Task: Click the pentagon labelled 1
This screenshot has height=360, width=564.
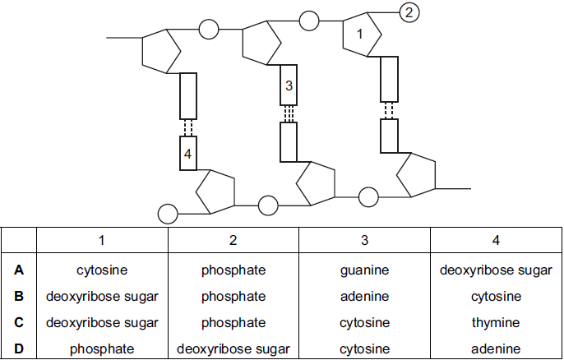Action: pos(361,35)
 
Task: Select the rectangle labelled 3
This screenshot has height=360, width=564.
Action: pos(288,86)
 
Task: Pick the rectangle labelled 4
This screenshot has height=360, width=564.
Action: pos(188,153)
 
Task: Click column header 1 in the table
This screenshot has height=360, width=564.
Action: pos(102,241)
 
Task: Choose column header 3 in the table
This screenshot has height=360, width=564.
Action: pos(364,241)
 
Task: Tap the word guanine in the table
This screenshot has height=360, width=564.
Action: pos(364,269)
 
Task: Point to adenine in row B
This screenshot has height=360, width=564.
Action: pos(364,296)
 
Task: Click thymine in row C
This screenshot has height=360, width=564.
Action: pos(496,322)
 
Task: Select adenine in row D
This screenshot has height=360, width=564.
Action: pos(496,348)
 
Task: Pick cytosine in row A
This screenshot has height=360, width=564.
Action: pos(102,269)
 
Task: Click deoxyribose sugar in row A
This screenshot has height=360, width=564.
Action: pos(496,269)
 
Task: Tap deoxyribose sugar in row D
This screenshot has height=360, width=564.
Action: pos(233,348)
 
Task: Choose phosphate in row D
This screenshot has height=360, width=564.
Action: pos(102,348)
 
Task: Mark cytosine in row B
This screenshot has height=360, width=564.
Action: pos(496,296)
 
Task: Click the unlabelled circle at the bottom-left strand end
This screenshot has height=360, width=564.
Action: pos(168,214)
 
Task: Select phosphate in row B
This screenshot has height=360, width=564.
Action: pos(233,296)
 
